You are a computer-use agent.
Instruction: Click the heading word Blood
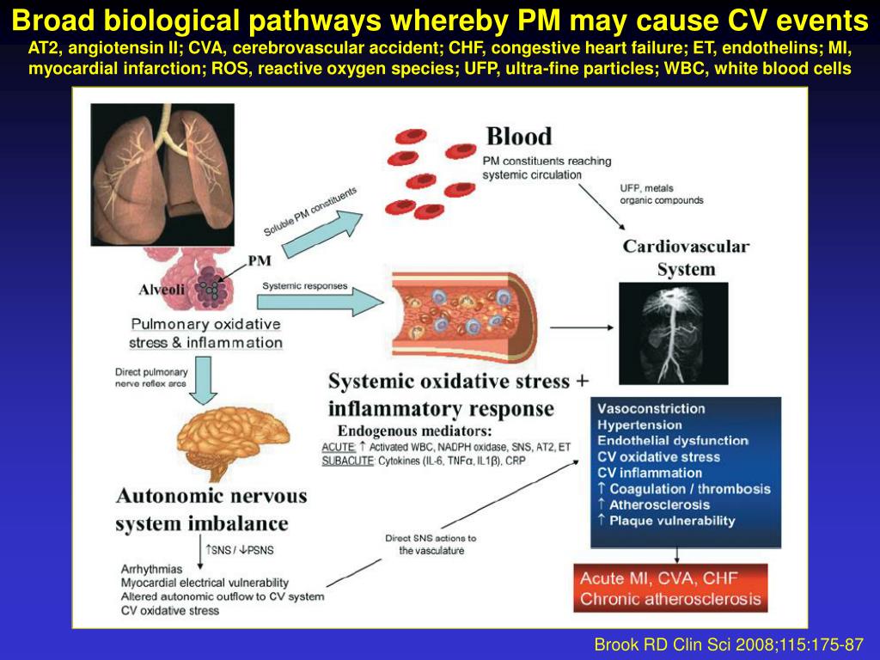pos(519,136)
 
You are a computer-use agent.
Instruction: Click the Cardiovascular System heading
pos(686,258)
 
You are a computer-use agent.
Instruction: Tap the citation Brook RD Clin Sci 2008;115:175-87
pos(729,645)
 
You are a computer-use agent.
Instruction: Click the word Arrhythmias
pos(152,569)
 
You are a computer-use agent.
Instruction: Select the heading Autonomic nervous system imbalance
pos(211,509)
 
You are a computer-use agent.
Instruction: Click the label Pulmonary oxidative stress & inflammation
pos(205,333)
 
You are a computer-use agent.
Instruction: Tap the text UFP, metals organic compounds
pos(661,194)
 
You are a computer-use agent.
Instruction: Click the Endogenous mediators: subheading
pos(414,431)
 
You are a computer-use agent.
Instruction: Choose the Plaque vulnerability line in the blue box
pos(672,521)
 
